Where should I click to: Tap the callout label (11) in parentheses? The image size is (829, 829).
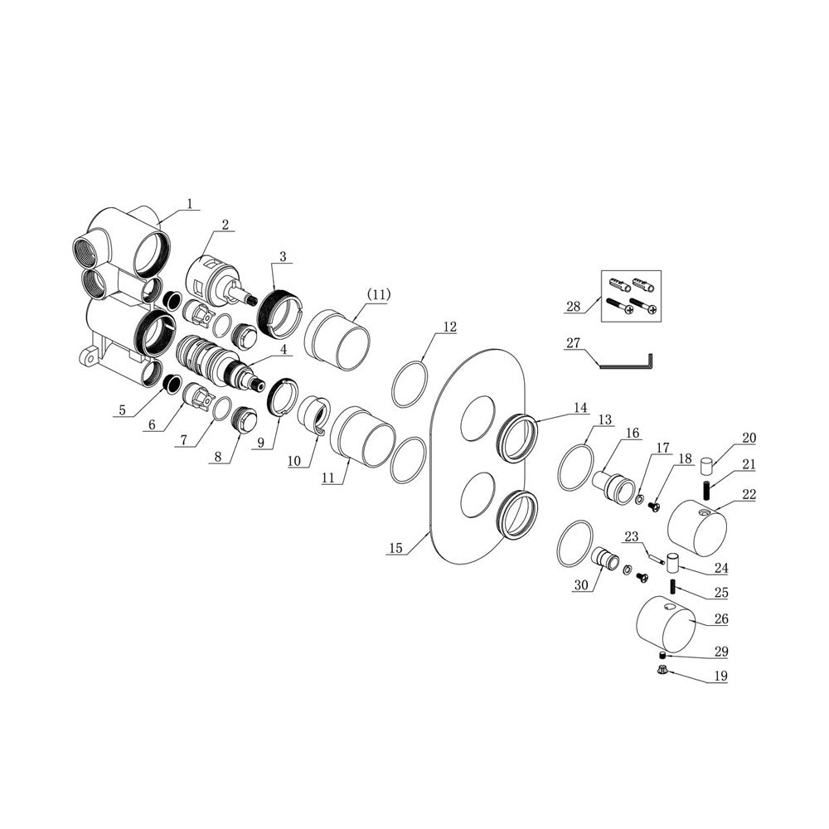click(378, 294)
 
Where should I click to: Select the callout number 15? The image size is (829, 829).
click(395, 548)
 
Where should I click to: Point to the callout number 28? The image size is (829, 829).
click(573, 307)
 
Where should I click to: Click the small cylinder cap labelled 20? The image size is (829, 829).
click(707, 467)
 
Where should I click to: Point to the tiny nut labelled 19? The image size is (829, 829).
click(661, 671)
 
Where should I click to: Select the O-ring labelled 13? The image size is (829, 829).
click(576, 468)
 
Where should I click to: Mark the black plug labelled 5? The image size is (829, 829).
click(172, 383)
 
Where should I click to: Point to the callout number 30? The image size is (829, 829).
click(580, 585)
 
